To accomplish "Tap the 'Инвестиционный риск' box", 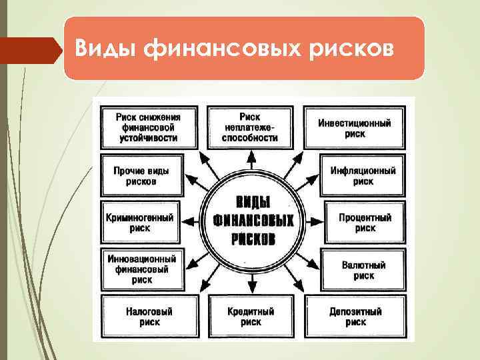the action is point(355,127).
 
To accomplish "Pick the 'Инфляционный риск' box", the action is point(363,175).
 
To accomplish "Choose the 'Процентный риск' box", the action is point(365,222).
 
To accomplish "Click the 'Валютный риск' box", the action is point(363,270).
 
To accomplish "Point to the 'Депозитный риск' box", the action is point(355,317).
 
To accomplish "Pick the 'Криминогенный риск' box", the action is point(139,222).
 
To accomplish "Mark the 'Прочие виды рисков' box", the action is point(140,175).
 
